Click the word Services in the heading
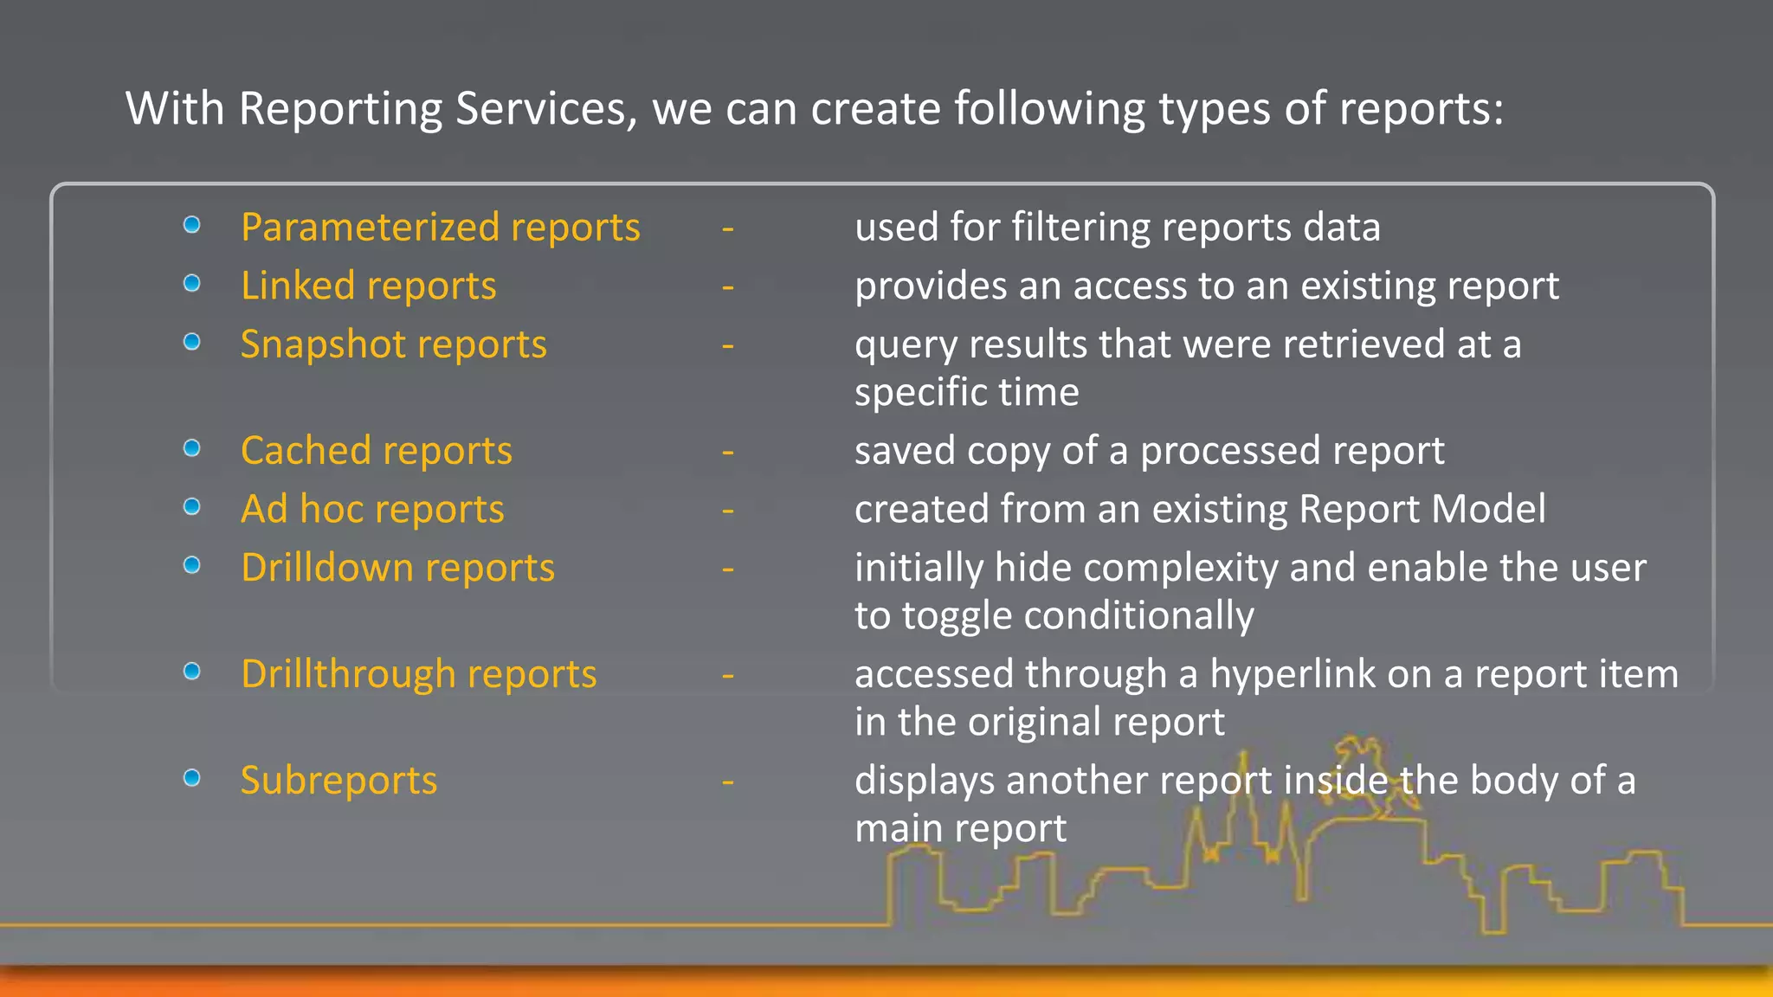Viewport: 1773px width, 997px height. tap(545, 109)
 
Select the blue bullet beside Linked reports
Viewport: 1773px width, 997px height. tap(192, 283)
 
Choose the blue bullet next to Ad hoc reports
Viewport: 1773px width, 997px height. tap(192, 506)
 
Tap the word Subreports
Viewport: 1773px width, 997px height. tap(338, 781)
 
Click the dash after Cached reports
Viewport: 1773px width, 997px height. tap(728, 452)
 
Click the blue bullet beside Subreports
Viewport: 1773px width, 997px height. tap(192, 778)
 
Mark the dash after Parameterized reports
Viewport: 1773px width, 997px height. tap(728, 228)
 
